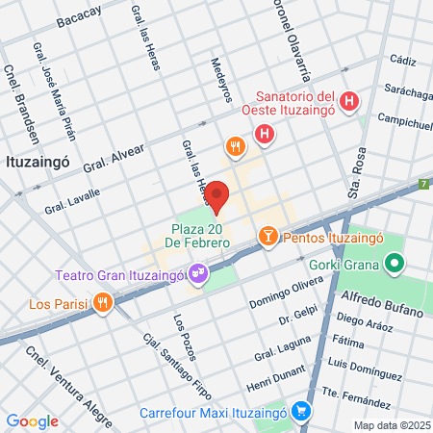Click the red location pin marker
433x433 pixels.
coord(217,195)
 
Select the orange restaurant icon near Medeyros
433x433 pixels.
coord(235,147)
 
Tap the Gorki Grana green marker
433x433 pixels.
coord(394,262)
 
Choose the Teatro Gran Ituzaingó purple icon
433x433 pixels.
coord(198,275)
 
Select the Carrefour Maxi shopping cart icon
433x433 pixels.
coord(302,410)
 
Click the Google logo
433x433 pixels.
coord(31,420)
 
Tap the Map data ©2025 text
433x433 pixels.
coord(391,425)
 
